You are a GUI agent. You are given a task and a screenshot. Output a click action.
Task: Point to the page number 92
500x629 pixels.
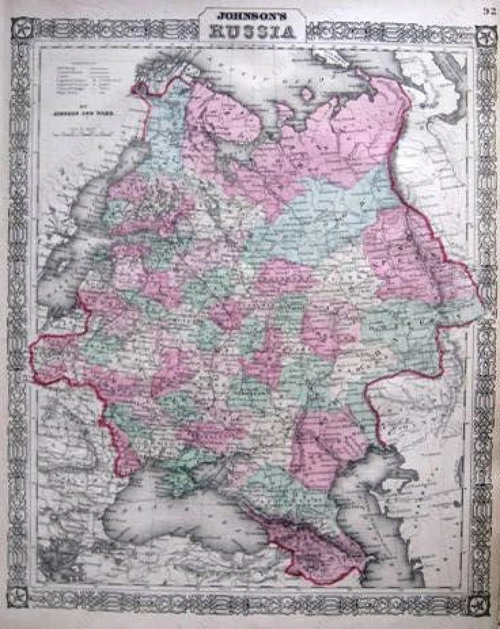pos(493,4)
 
